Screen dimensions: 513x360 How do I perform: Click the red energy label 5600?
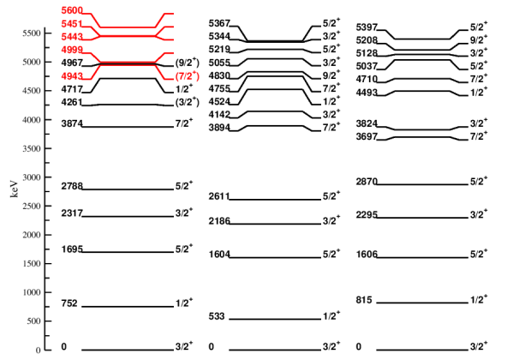coord(72,10)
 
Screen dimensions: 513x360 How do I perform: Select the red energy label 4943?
coord(72,76)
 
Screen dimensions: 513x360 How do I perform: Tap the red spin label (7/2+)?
coord(188,75)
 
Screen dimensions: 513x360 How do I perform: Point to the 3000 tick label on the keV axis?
coord(32,177)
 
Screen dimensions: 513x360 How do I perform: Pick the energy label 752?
coord(69,303)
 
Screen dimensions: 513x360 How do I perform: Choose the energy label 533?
coord(217,316)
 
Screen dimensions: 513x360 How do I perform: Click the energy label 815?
coord(364,300)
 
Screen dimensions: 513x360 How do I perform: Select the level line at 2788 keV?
coord(128,189)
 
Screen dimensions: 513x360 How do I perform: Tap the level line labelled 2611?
coord(275,199)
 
